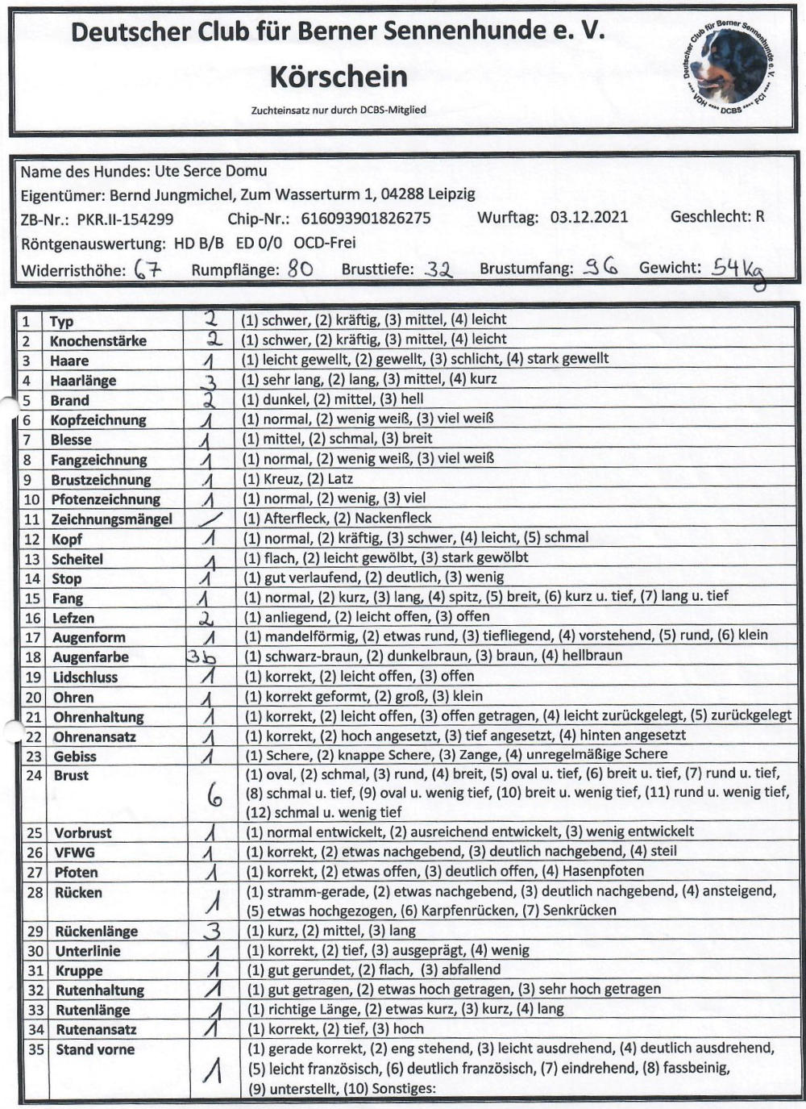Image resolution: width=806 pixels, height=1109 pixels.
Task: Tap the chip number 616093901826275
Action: pos(365,218)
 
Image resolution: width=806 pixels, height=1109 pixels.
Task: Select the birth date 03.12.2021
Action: pos(588,217)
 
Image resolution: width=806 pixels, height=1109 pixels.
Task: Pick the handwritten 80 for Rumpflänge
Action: pos(300,269)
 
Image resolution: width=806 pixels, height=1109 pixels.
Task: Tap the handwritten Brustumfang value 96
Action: pos(601,269)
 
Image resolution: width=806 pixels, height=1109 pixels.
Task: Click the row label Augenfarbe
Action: pos(91,657)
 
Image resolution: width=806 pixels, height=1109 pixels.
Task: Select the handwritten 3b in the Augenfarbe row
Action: pos(201,657)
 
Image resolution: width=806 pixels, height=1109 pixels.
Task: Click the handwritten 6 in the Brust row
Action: pos(214,798)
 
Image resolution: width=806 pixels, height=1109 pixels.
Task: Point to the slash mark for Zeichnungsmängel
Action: pos(210,519)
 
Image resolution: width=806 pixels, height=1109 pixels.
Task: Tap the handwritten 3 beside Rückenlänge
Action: pos(211,932)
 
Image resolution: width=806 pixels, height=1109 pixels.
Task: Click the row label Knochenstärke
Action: pos(98,341)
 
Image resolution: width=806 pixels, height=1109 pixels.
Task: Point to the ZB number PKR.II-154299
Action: pos(125,219)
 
